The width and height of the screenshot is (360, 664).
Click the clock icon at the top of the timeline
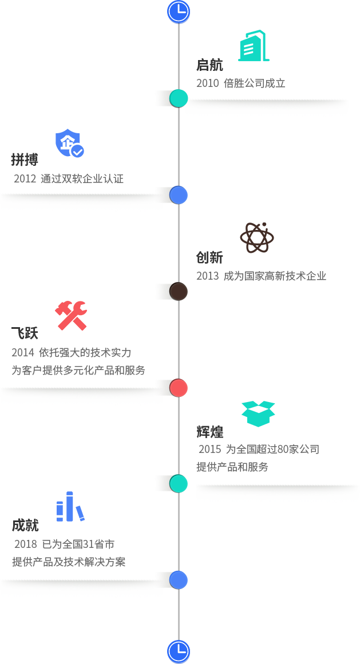[x=179, y=11]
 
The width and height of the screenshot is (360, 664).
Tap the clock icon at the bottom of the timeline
[x=179, y=651]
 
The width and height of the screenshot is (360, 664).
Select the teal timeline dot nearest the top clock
[x=178, y=98]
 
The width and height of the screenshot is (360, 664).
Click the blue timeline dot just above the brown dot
[x=179, y=194]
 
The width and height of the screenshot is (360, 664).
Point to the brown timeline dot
[x=178, y=291]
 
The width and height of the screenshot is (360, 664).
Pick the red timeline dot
[x=178, y=387]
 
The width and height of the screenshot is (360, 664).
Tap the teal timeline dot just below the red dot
[x=178, y=484]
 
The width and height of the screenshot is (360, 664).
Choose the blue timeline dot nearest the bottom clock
[x=178, y=580]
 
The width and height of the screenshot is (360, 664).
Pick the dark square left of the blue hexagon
[x=17, y=500]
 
